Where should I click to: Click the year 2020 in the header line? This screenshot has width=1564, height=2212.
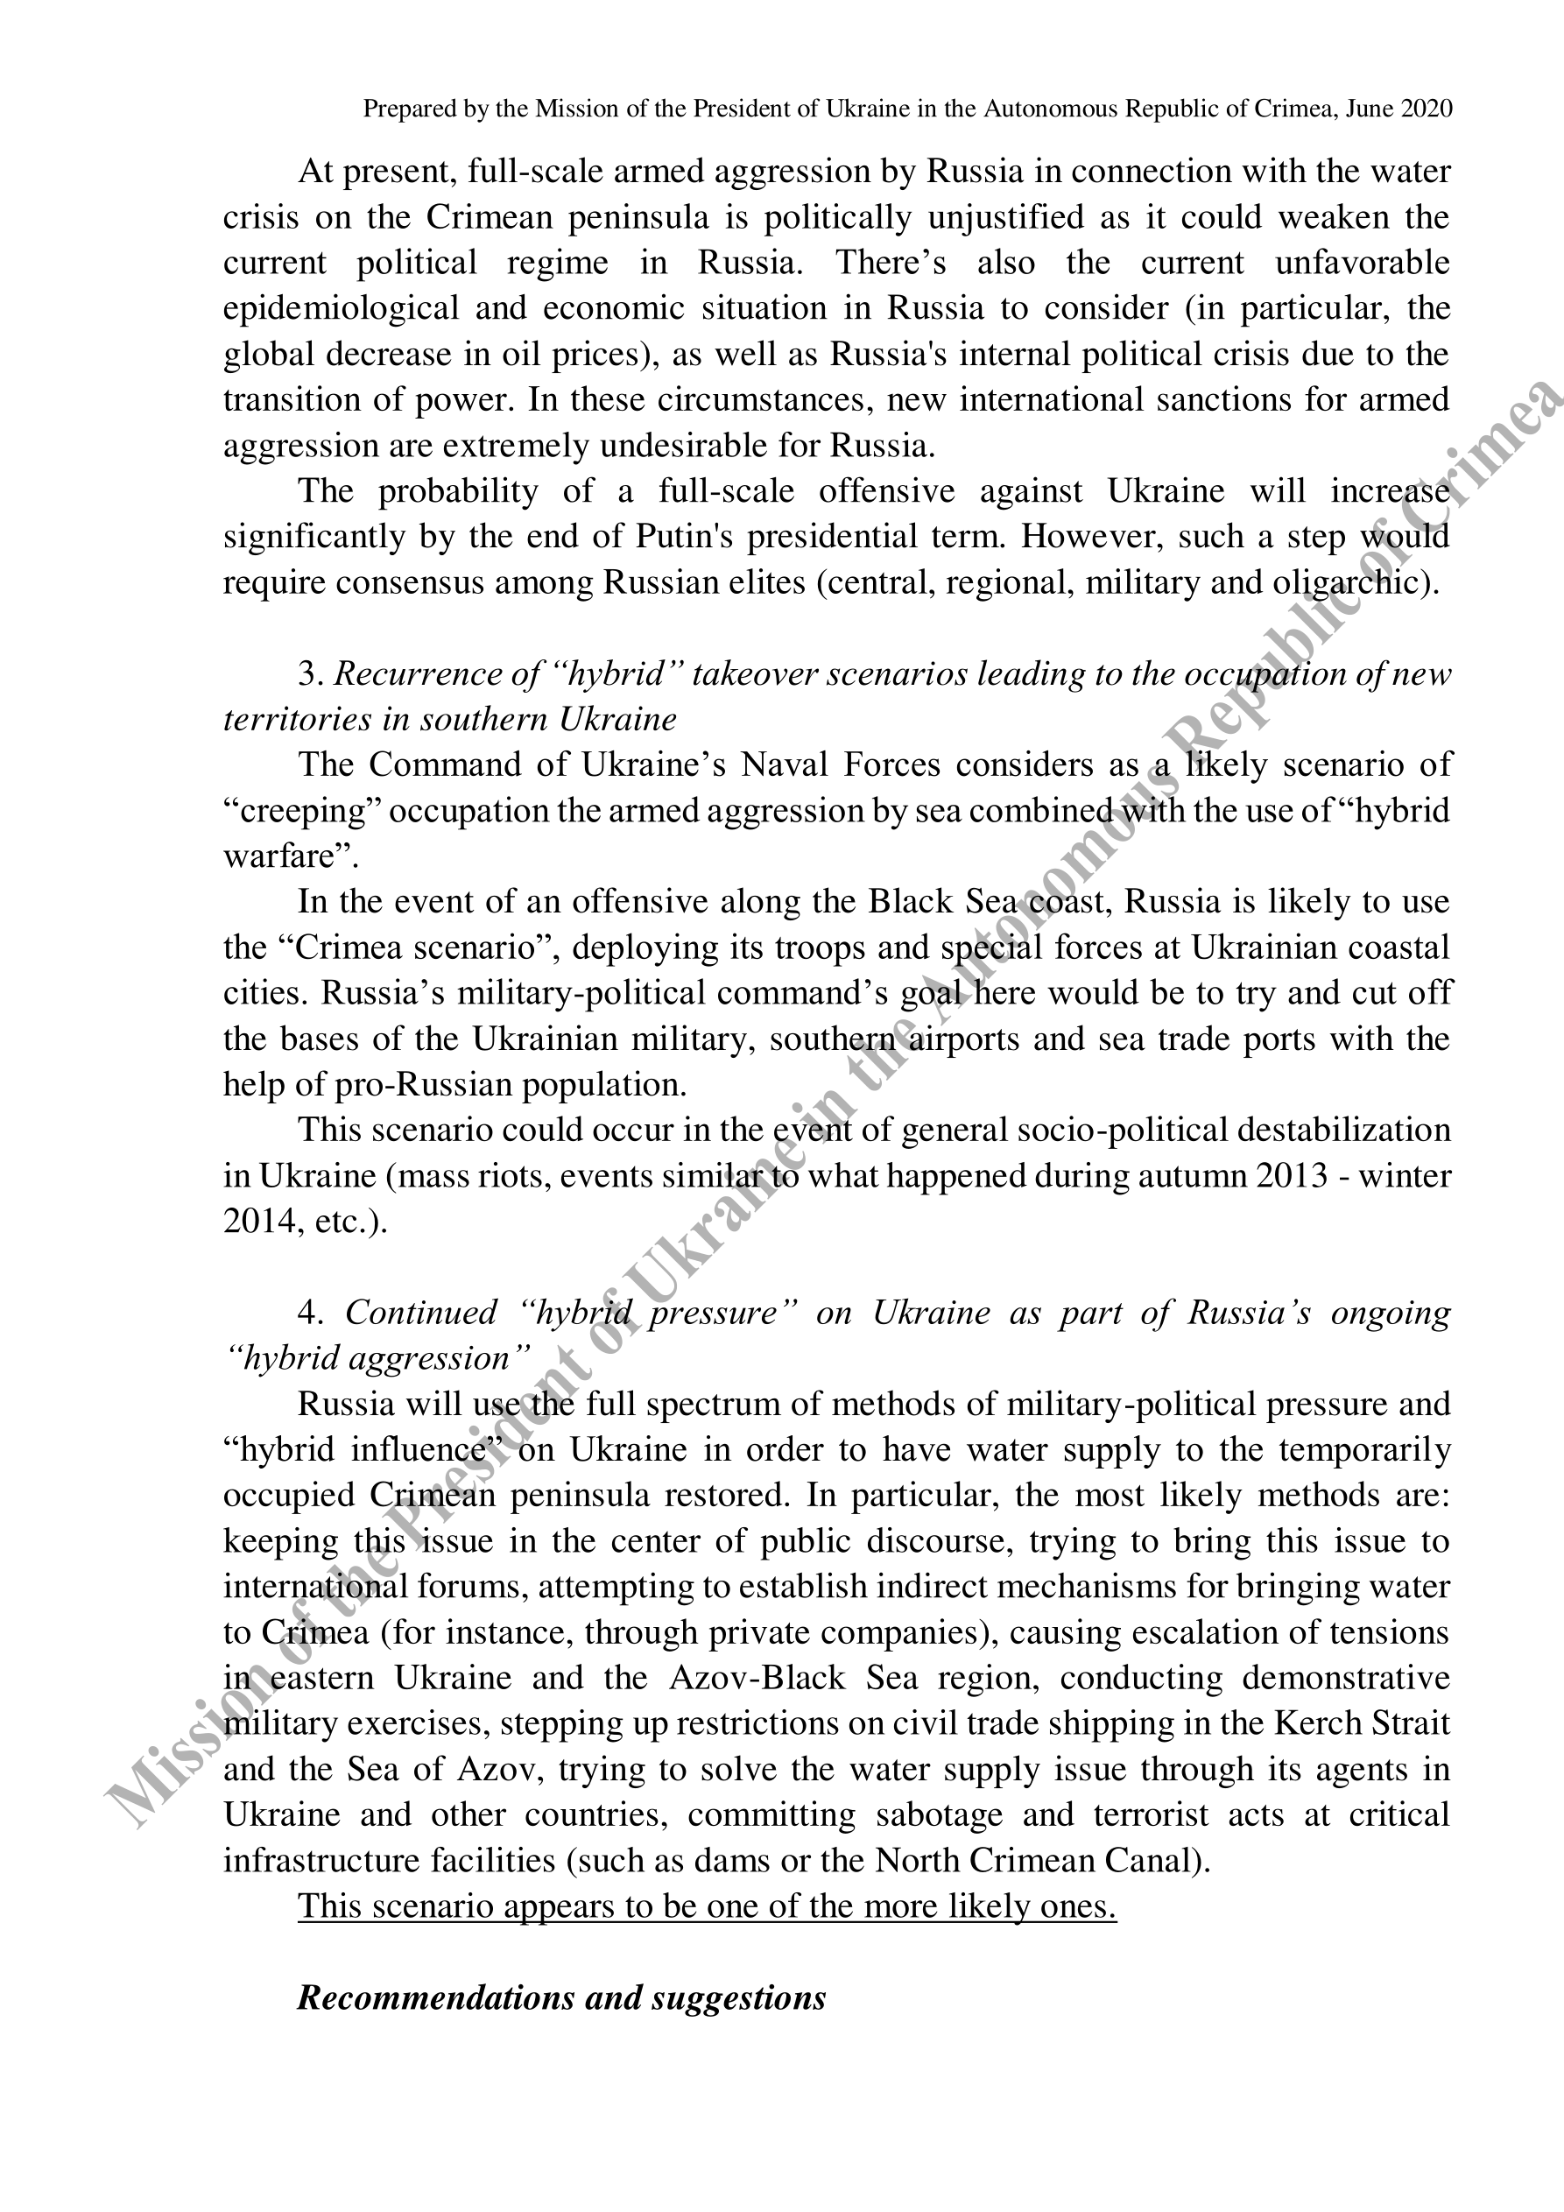click(1426, 109)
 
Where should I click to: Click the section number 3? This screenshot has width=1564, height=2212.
click(307, 674)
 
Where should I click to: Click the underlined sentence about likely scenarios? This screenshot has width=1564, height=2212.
click(707, 1906)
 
